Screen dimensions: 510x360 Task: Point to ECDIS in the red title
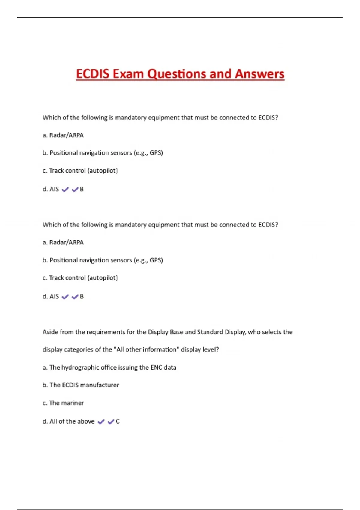tap(93, 74)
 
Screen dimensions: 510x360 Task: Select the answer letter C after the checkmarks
tap(118, 421)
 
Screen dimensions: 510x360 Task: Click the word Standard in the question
tap(210, 332)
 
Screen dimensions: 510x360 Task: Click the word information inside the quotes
tap(159, 350)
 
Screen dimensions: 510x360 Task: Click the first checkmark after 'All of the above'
tap(101, 421)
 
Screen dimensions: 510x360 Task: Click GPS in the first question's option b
tap(156, 153)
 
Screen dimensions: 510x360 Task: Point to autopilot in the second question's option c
tap(102, 278)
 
